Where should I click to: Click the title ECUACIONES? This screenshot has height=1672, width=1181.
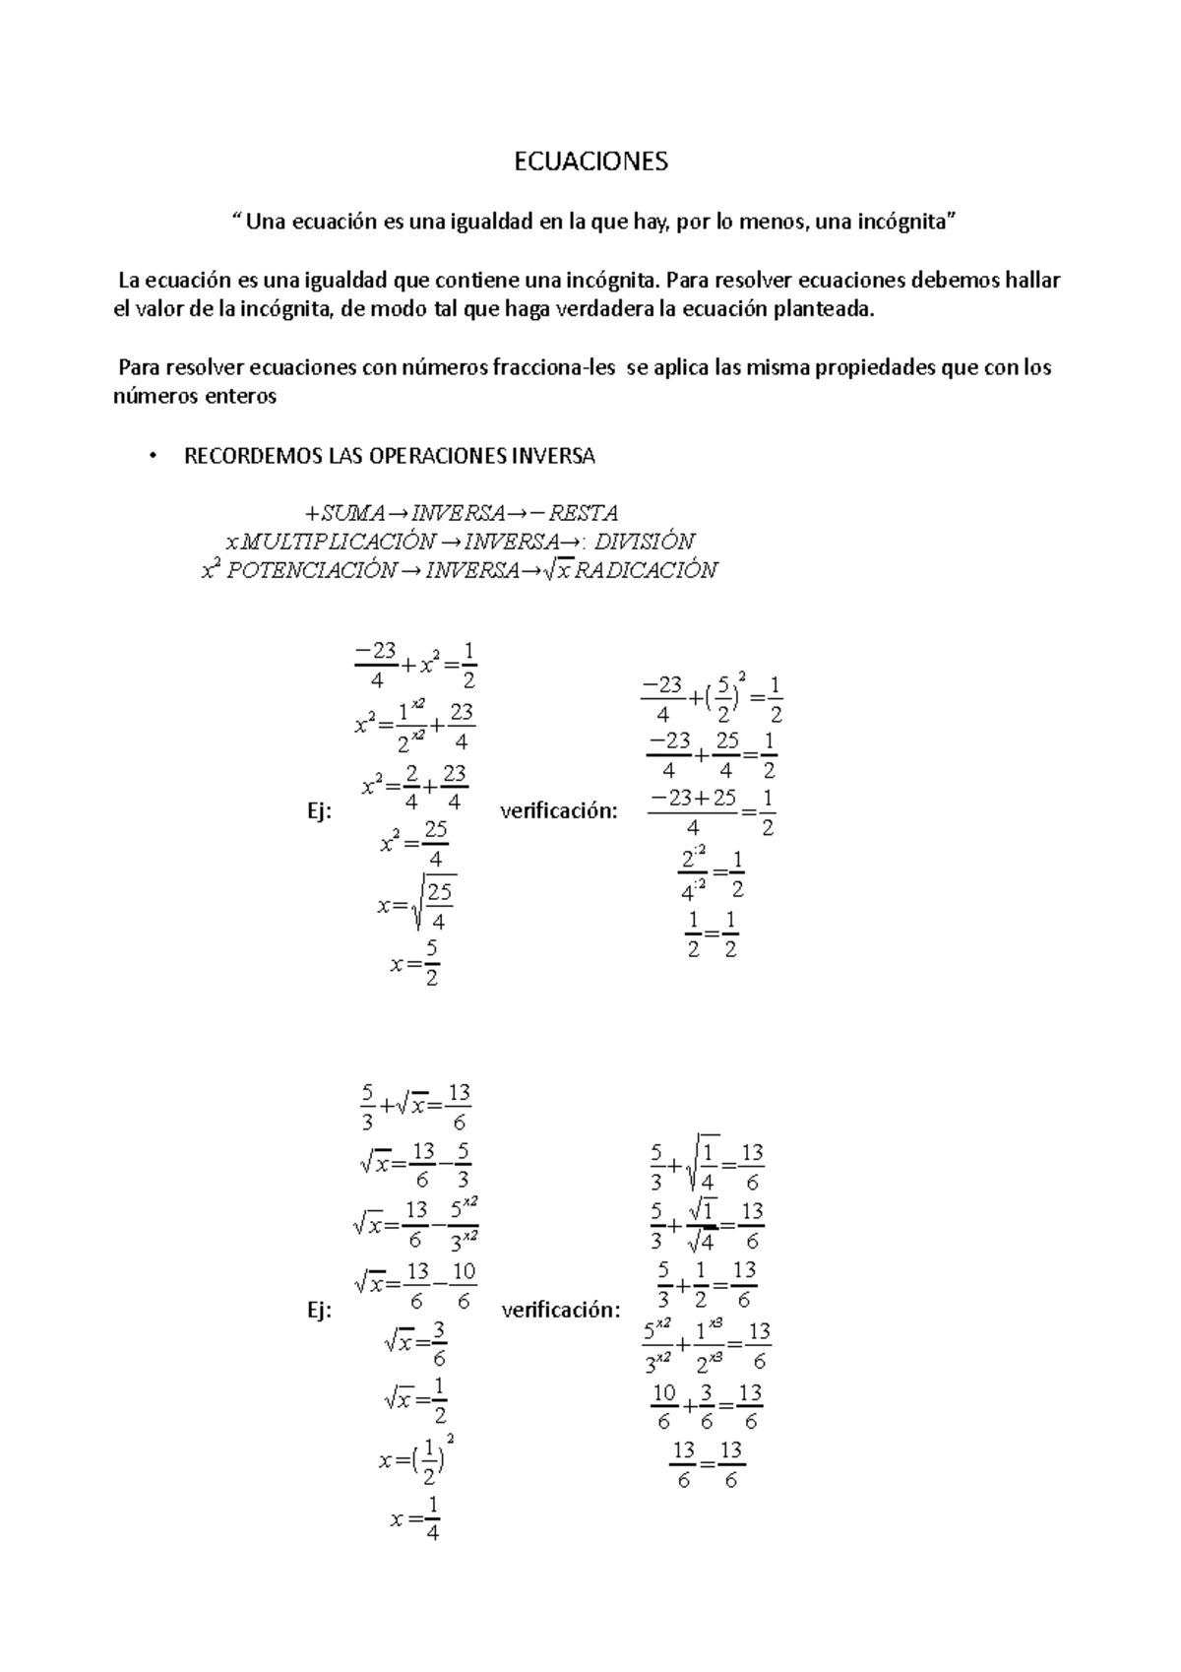point(590,162)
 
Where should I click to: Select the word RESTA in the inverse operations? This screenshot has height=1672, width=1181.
point(583,513)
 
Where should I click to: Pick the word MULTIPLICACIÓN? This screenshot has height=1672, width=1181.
point(338,542)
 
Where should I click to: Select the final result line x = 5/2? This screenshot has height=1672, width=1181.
point(414,963)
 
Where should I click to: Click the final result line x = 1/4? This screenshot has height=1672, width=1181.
point(415,1518)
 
